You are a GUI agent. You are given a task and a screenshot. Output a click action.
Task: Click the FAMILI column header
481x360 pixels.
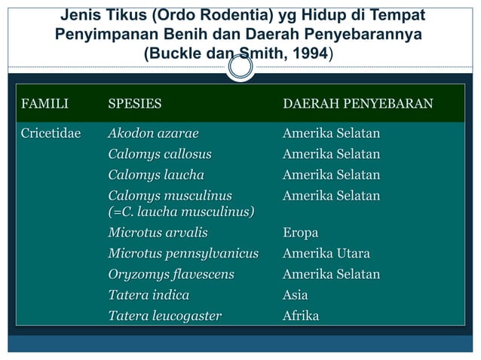click(x=44, y=102)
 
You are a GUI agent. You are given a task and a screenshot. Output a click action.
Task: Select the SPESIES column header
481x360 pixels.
click(x=135, y=102)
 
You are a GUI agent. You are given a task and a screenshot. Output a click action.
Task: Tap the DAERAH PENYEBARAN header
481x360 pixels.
click(x=357, y=102)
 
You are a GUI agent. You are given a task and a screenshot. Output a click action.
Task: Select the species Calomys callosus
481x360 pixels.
click(x=159, y=155)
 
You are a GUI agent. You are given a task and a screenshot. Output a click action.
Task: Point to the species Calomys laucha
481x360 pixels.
click(x=156, y=175)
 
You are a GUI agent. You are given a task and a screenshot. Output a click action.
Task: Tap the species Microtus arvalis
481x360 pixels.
click(x=157, y=233)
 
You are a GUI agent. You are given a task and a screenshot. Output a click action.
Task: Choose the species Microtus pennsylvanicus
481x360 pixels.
click(x=183, y=254)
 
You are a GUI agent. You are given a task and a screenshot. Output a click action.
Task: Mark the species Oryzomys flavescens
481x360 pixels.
click(x=170, y=274)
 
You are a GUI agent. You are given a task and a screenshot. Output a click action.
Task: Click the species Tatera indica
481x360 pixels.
click(x=149, y=295)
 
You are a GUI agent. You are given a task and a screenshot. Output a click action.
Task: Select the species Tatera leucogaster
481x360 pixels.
click(x=164, y=316)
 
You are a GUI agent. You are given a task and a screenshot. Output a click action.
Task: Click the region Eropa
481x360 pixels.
click(x=300, y=233)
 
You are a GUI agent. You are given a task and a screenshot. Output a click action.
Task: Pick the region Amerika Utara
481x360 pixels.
click(x=326, y=254)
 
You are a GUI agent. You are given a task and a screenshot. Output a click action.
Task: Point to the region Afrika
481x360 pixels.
click(x=300, y=316)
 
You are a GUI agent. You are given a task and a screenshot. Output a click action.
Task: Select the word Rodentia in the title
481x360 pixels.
click(x=213, y=16)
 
